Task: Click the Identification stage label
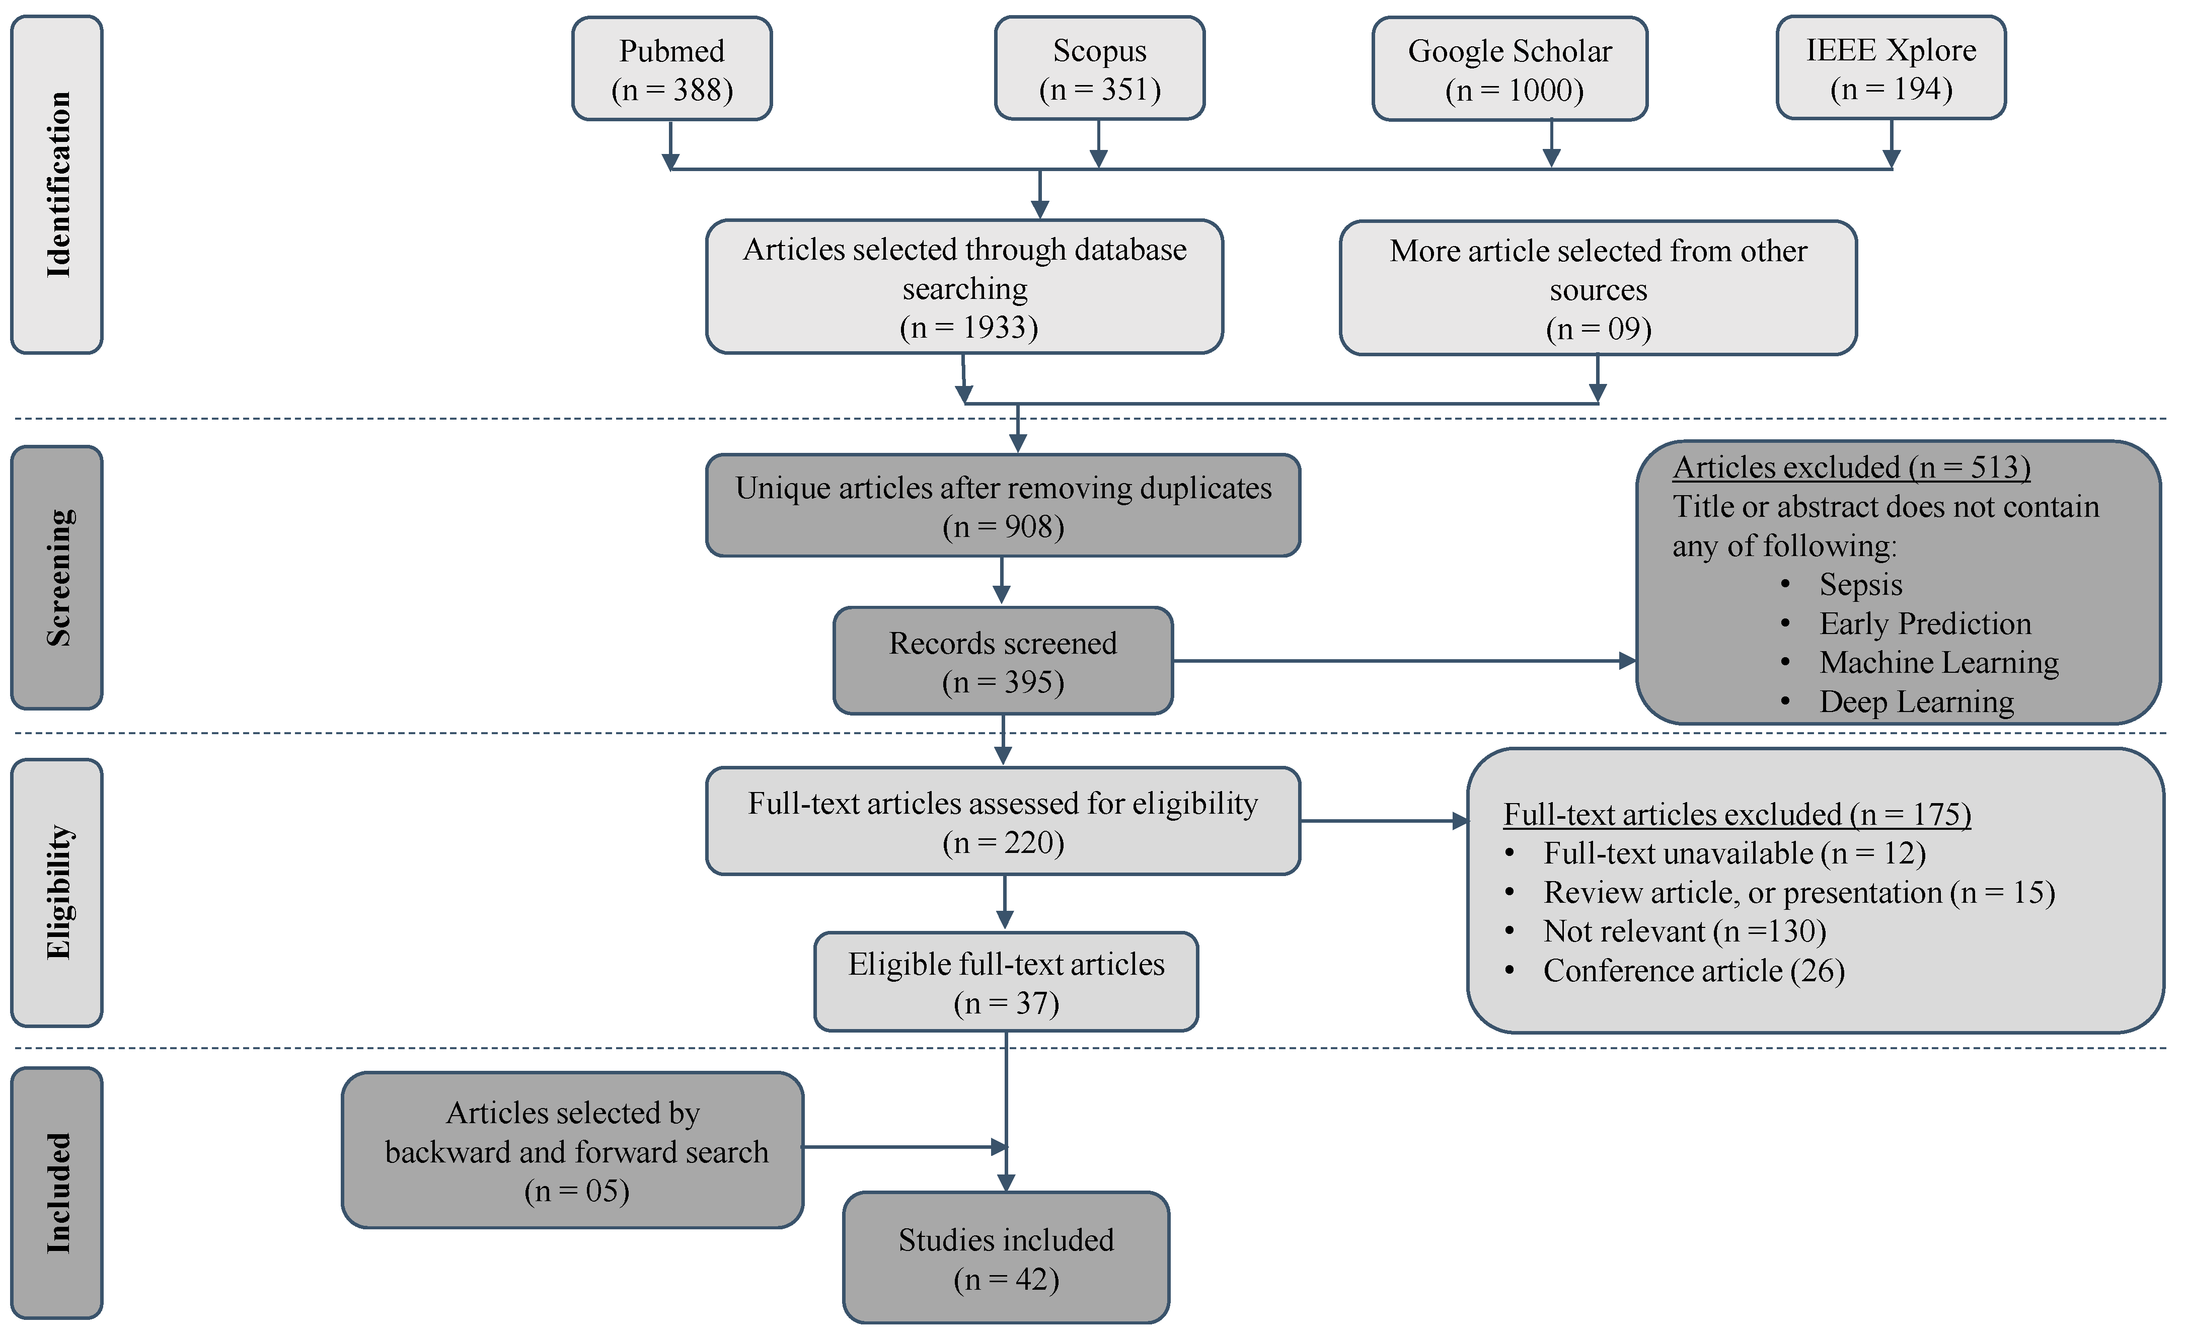click(x=57, y=185)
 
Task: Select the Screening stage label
click(x=57, y=577)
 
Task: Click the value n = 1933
click(x=968, y=328)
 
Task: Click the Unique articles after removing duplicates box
click(x=1003, y=506)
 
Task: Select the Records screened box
click(x=1003, y=662)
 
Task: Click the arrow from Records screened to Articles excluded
click(x=1404, y=661)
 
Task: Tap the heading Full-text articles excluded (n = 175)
click(x=1737, y=815)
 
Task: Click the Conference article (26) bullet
click(x=1693, y=971)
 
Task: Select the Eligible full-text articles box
click(x=1006, y=982)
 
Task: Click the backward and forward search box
click(x=573, y=1151)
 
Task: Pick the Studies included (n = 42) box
click(x=1006, y=1259)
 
